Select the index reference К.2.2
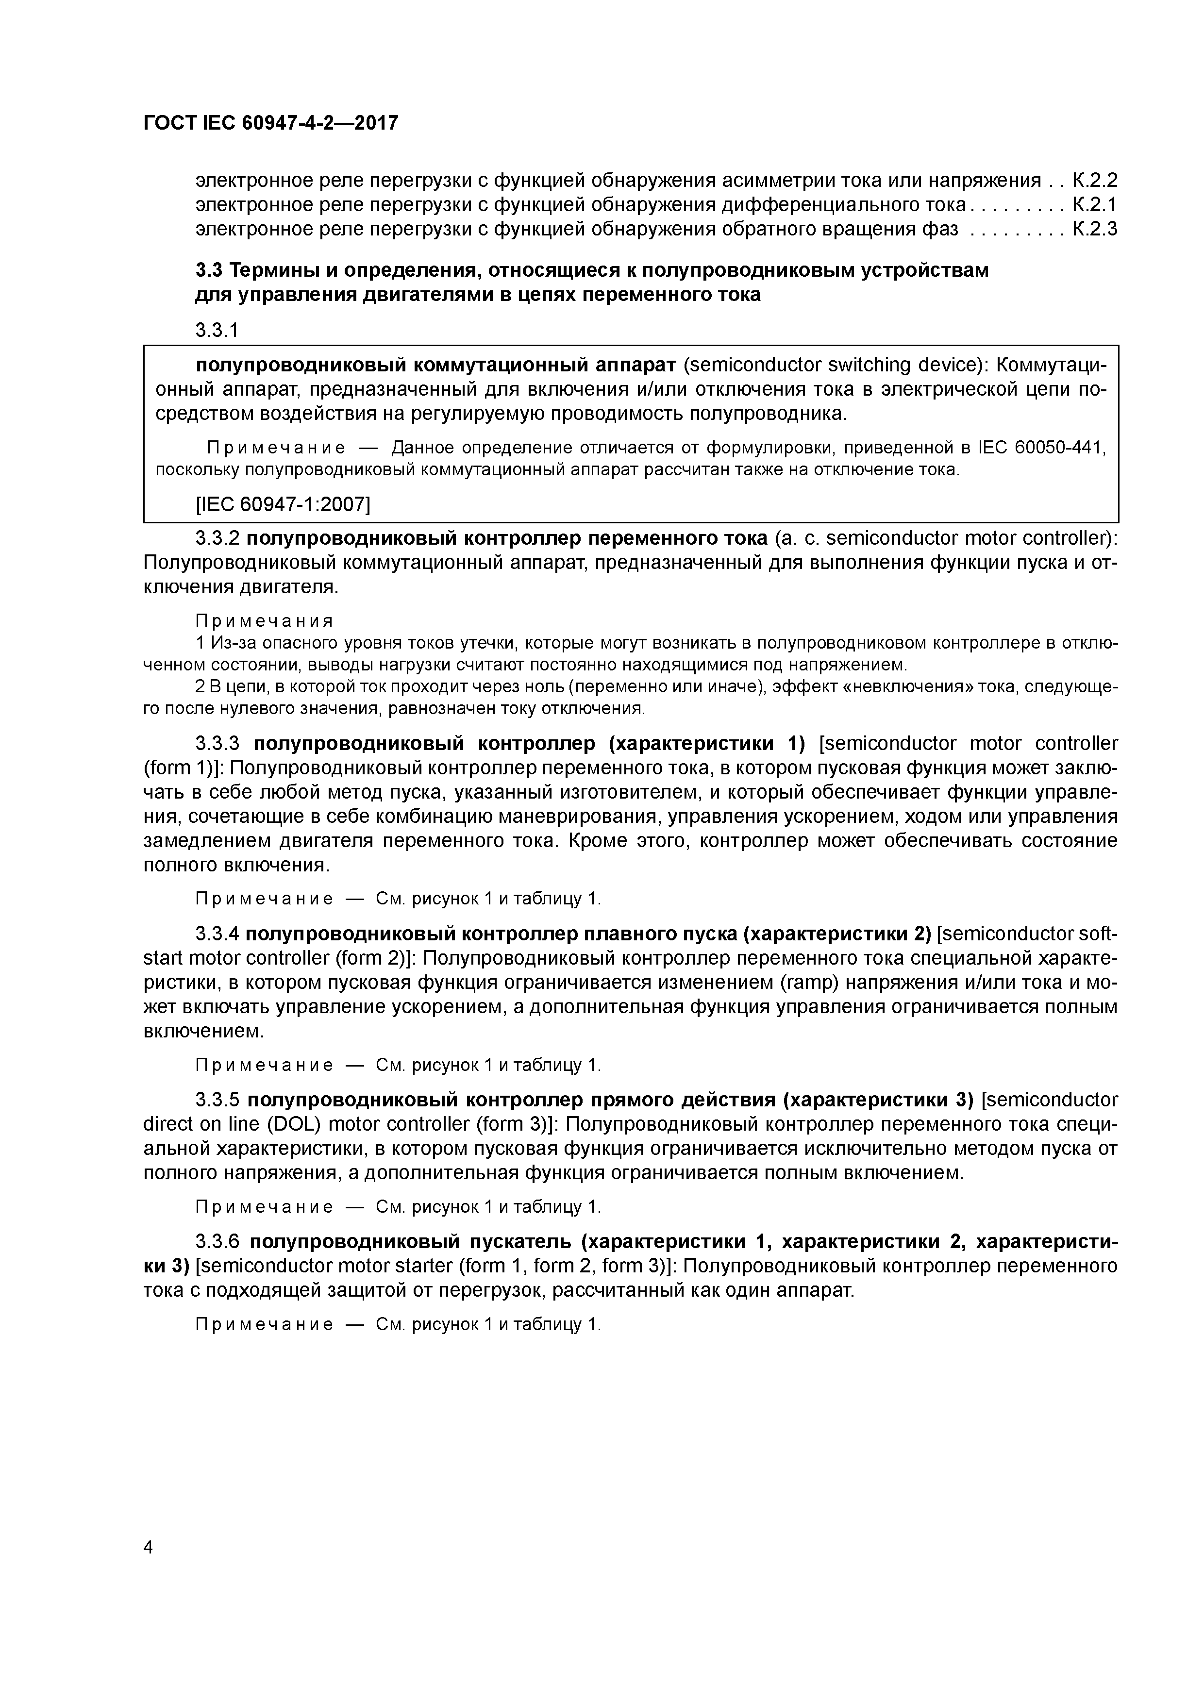(x=1095, y=180)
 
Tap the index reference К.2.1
(x=1095, y=205)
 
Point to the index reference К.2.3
(x=1095, y=229)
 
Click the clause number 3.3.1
(x=217, y=330)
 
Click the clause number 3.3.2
(x=217, y=538)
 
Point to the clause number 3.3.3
(x=217, y=743)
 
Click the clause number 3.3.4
(x=217, y=933)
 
